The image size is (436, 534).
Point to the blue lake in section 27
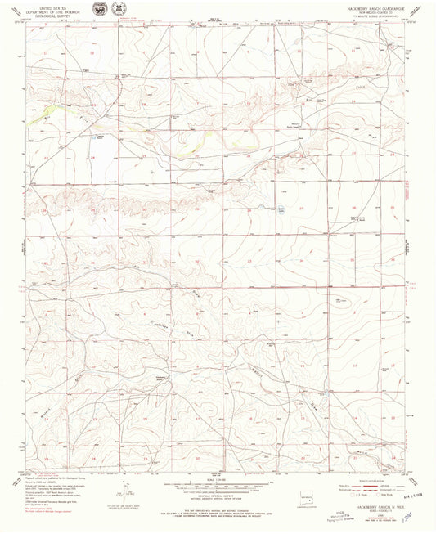[x=281, y=206]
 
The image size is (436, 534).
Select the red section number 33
[x=249, y=262]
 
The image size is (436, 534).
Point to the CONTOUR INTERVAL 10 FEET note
[x=218, y=493]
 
